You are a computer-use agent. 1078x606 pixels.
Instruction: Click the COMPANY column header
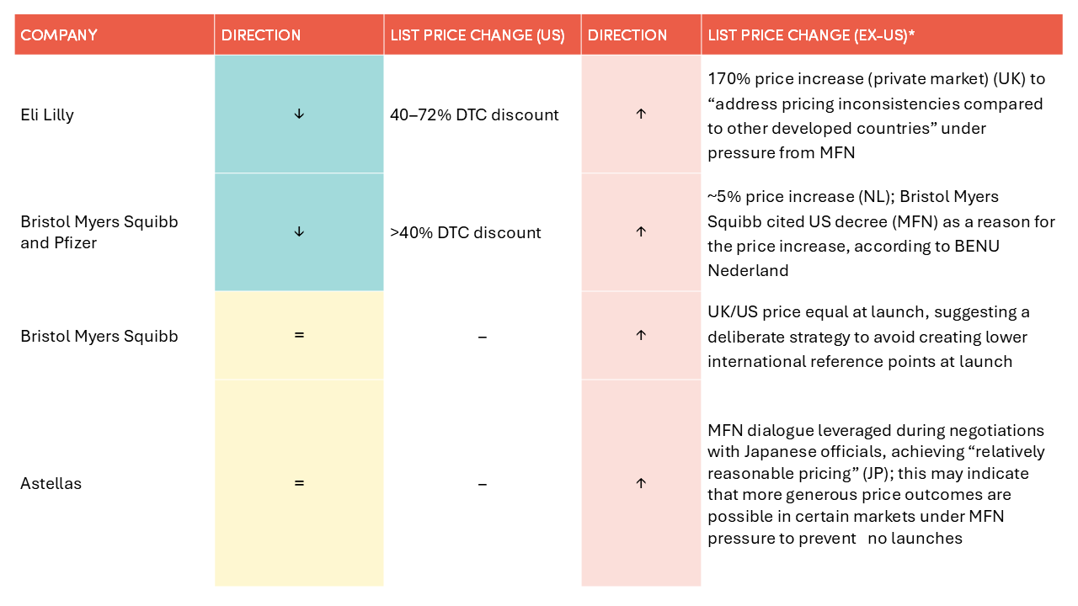click(x=59, y=35)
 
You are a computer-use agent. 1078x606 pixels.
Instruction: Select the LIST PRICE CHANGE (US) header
click(x=478, y=35)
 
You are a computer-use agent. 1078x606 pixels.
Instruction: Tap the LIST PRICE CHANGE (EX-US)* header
click(x=811, y=35)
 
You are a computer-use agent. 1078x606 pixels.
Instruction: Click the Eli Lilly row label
click(x=47, y=115)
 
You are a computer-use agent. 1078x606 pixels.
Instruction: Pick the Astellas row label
click(x=51, y=483)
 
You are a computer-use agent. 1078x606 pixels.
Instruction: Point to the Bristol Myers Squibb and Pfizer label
click(x=99, y=232)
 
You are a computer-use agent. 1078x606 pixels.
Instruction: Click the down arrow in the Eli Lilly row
click(x=299, y=114)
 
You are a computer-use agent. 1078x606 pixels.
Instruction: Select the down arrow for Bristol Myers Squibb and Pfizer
click(x=299, y=231)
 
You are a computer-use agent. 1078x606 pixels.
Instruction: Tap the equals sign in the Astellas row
click(x=299, y=482)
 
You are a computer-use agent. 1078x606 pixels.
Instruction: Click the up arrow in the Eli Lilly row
click(x=641, y=114)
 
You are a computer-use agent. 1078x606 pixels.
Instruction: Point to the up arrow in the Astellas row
click(x=641, y=483)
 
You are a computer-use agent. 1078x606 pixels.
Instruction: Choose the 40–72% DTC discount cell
click(x=474, y=115)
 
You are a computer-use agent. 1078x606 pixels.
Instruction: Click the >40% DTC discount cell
click(x=466, y=233)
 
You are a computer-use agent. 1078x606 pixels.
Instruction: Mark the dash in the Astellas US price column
click(x=483, y=484)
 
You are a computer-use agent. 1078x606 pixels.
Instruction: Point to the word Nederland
click(x=748, y=271)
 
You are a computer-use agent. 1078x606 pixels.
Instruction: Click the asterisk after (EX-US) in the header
click(x=911, y=33)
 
